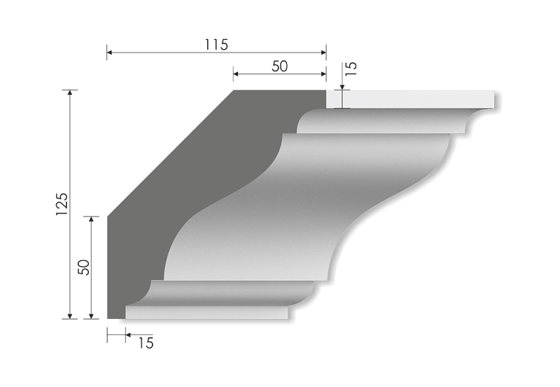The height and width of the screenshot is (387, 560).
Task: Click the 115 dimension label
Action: click(216, 44)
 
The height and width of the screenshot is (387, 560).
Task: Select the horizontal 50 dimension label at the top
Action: click(279, 65)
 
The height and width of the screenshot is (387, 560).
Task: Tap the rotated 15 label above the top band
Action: click(351, 69)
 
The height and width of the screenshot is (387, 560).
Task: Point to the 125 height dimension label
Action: click(62, 203)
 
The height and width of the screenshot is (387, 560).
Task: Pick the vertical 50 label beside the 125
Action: click(83, 268)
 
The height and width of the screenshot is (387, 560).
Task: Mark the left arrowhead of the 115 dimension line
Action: click(108, 52)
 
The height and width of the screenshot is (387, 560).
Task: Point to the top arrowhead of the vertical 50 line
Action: click(90, 219)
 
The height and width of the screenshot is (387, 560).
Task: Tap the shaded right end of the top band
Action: click(498, 102)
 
